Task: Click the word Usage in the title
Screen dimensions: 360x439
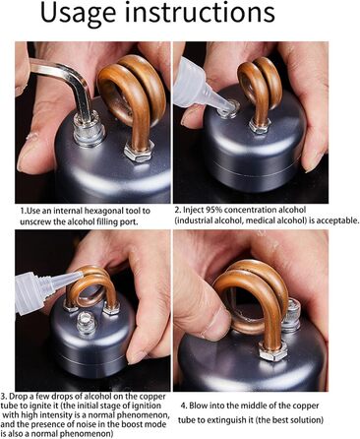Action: (x=78, y=14)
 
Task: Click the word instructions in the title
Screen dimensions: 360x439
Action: (x=200, y=12)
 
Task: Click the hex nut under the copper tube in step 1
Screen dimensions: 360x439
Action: (x=139, y=151)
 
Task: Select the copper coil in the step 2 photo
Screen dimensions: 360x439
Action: (x=259, y=86)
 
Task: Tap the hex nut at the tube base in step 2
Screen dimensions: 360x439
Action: (x=260, y=125)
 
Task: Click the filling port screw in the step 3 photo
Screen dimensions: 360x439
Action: (x=87, y=323)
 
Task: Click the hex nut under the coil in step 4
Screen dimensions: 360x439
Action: (x=272, y=351)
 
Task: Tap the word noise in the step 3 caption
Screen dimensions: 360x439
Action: (x=90, y=424)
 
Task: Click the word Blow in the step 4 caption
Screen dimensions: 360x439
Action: (x=198, y=406)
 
